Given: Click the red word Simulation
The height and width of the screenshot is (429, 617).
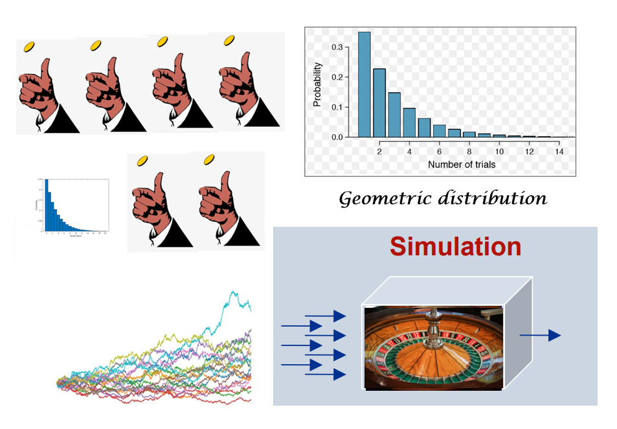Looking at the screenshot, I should point(455,247).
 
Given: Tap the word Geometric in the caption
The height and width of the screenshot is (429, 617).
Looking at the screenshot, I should point(381,198).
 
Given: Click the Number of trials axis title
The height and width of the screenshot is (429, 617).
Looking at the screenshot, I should point(462,165).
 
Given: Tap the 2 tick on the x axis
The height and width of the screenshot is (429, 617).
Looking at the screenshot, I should point(379,151).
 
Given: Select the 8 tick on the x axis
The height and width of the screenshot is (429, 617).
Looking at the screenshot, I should point(469,151).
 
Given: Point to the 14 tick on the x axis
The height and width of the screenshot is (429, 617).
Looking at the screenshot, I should point(558,151).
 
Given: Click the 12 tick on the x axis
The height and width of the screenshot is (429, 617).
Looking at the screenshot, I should point(528,151).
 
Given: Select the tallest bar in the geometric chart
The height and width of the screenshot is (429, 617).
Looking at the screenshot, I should point(365,84).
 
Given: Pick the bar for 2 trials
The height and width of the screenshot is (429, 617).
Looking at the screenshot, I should point(379,103).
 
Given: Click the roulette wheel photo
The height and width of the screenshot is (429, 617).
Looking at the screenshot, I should point(433,348).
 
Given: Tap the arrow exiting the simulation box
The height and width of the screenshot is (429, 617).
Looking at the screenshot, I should point(540,335).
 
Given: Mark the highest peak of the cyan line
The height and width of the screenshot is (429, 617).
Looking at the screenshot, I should point(232,293).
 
